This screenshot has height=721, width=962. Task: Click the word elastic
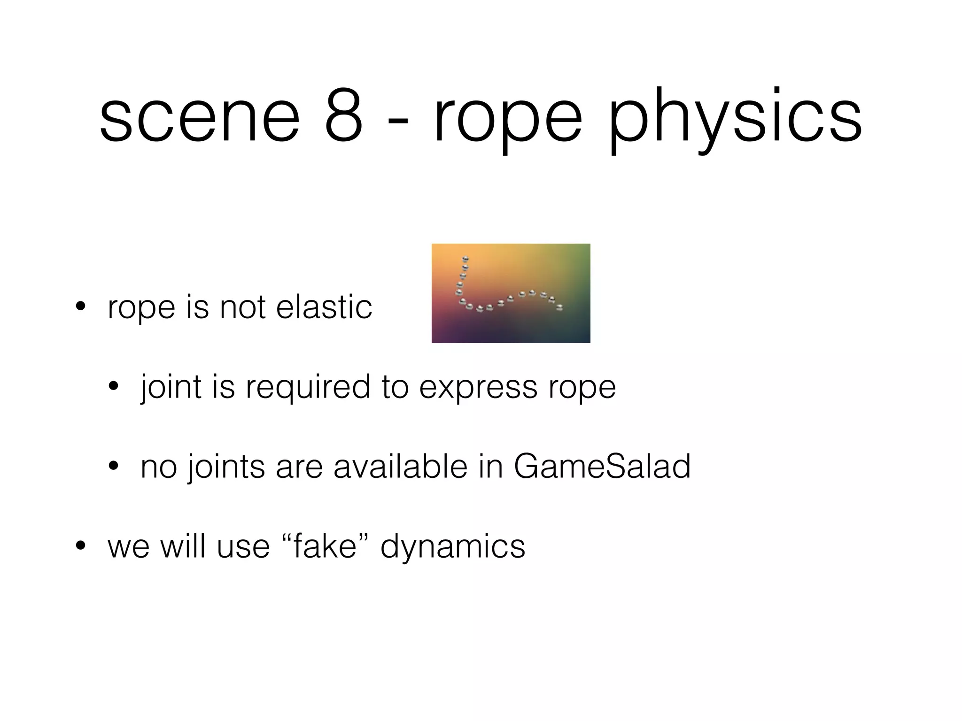[x=324, y=307]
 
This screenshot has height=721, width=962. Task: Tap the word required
[x=308, y=388]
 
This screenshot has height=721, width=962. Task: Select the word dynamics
[x=452, y=547]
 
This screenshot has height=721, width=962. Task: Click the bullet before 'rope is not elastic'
[x=80, y=307]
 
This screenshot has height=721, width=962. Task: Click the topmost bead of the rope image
[x=465, y=259]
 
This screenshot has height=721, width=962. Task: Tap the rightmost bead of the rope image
[x=559, y=307]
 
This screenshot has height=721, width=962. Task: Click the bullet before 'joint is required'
[x=113, y=387]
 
